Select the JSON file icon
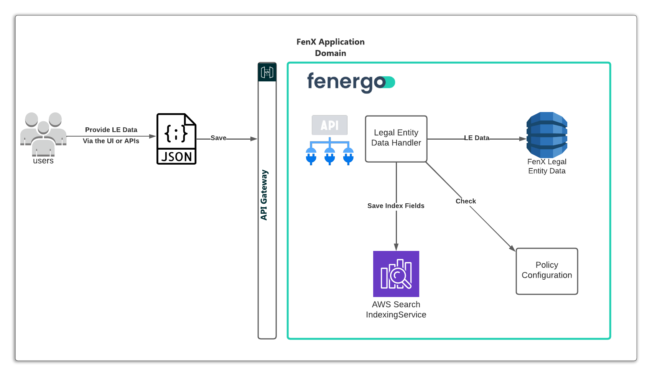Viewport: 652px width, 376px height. (176, 139)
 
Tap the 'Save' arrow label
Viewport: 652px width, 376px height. (218, 138)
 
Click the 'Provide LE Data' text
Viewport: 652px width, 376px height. (111, 130)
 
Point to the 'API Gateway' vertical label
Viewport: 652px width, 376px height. (264, 195)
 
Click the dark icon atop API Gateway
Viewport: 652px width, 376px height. (267, 72)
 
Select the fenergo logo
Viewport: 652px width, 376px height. (351, 82)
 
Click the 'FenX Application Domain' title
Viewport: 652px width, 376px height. (331, 48)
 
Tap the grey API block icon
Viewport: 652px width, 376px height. (329, 125)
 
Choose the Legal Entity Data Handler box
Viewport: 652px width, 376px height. (396, 139)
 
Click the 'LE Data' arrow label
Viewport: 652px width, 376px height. (477, 138)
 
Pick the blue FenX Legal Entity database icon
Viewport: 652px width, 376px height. (547, 135)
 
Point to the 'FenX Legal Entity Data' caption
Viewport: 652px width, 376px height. (547, 167)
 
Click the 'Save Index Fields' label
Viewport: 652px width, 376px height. (396, 206)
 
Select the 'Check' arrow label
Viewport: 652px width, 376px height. (466, 201)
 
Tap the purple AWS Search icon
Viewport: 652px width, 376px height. (396, 274)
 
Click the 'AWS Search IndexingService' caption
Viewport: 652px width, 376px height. (396, 310)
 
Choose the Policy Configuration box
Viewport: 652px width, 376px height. (547, 271)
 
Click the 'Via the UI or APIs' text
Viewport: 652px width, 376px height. (111, 141)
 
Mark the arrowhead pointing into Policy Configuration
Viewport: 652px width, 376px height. (512, 249)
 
